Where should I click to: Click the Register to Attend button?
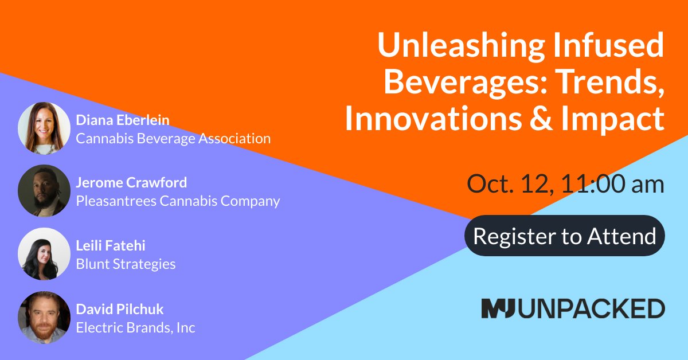pos(564,236)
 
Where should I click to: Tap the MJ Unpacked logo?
pos(573,308)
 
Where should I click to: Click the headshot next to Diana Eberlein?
pos(44,128)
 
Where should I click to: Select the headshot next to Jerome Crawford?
pos(44,191)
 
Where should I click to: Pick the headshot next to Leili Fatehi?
pos(44,254)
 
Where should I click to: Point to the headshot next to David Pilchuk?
pos(44,318)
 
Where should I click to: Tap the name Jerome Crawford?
pos(131,183)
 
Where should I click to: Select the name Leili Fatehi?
pos(111,246)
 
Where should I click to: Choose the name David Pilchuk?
pos(120,310)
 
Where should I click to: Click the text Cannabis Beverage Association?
pos(173,138)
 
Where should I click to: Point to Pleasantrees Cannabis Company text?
pos(178,201)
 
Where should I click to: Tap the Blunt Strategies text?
pos(126,264)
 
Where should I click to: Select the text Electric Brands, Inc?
pos(135,328)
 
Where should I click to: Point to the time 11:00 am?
pos(613,185)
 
